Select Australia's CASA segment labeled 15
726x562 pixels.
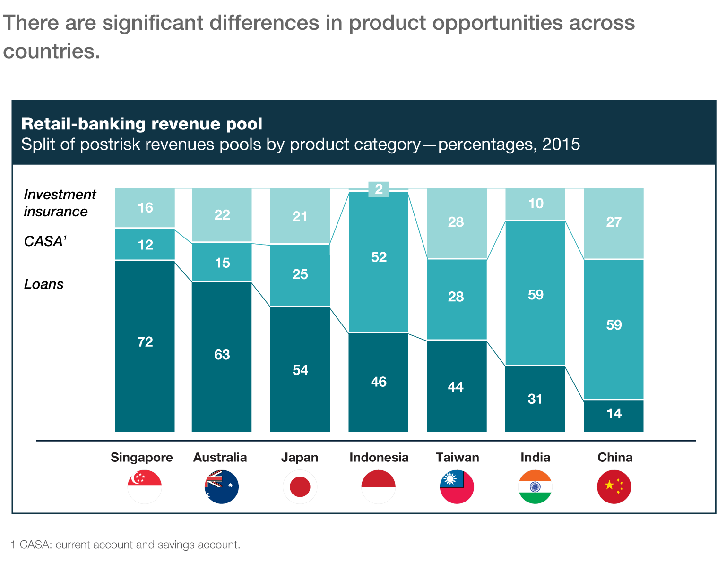click(x=222, y=262)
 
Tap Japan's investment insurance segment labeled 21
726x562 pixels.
click(x=300, y=216)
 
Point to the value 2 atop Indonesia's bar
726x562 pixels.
click(x=379, y=189)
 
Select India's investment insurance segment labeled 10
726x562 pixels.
click(x=535, y=204)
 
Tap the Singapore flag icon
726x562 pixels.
click(x=145, y=486)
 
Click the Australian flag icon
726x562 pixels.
click(x=222, y=486)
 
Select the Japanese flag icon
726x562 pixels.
click(x=300, y=486)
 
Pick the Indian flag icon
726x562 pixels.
click(x=535, y=486)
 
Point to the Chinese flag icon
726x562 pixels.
click(x=614, y=486)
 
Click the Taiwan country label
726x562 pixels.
click(x=457, y=457)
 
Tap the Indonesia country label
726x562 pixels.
click(x=379, y=457)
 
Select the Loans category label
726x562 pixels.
click(x=44, y=284)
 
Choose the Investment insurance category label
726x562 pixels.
click(x=60, y=203)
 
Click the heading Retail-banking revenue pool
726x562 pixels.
click(x=142, y=124)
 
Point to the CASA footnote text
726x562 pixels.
click(x=126, y=545)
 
